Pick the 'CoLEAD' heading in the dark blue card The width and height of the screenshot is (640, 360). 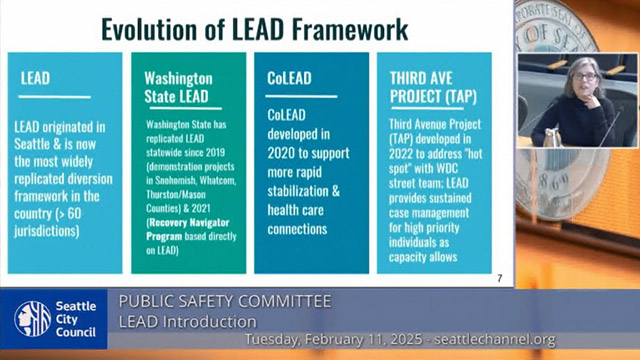(x=291, y=77)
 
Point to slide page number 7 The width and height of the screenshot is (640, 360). (x=499, y=277)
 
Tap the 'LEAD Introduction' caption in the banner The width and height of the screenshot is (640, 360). (x=187, y=320)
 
